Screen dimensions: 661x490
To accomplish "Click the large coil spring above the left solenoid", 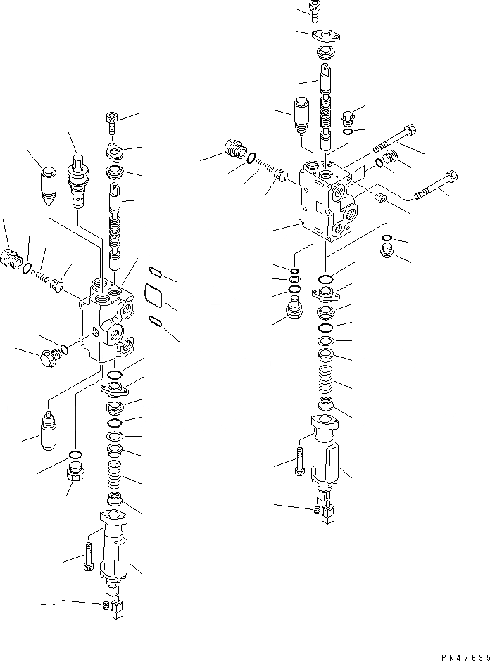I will pyautogui.click(x=114, y=477).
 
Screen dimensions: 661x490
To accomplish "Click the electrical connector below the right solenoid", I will pyautogui.click(x=327, y=518).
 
